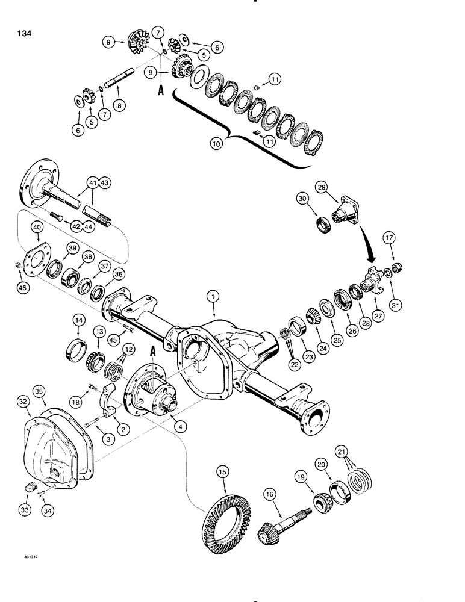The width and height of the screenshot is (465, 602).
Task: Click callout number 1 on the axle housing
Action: pyautogui.click(x=211, y=296)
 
